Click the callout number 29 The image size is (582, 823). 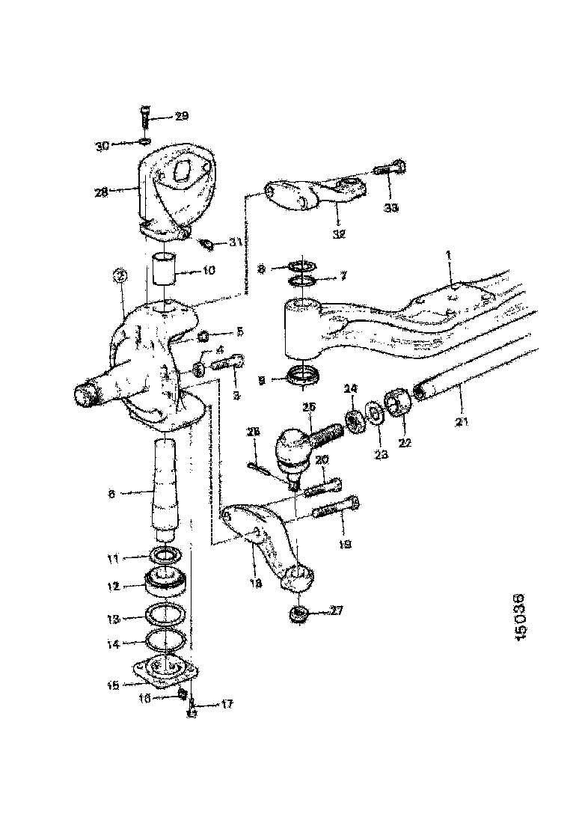(x=182, y=116)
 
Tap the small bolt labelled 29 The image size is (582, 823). (x=144, y=118)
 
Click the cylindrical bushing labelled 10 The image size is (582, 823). (x=165, y=269)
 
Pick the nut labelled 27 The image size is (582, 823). (x=300, y=614)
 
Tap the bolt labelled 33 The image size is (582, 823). (x=390, y=168)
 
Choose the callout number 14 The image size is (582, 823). (x=113, y=642)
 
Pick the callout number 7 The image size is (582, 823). (x=343, y=277)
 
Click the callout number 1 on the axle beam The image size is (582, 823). (x=448, y=256)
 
